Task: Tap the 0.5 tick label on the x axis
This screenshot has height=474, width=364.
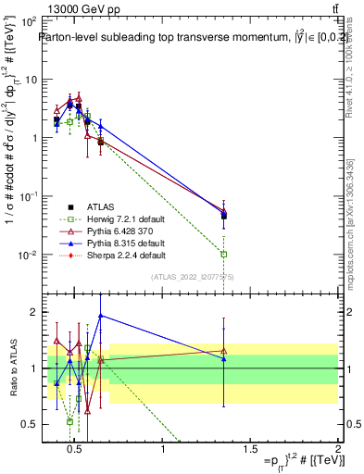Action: pyautogui.click(x=76, y=450)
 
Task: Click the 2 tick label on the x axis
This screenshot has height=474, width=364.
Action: pyautogui.click(x=337, y=450)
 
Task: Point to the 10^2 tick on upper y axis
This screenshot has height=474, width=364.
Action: pyautogui.click(x=27, y=20)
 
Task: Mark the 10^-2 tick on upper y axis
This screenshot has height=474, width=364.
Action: pyautogui.click(x=27, y=255)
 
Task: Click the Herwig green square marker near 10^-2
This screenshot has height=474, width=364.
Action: pyautogui.click(x=224, y=254)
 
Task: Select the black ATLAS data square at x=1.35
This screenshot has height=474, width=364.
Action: pyautogui.click(x=224, y=216)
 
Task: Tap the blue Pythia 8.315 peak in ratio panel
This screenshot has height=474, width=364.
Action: pyautogui.click(x=101, y=316)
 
